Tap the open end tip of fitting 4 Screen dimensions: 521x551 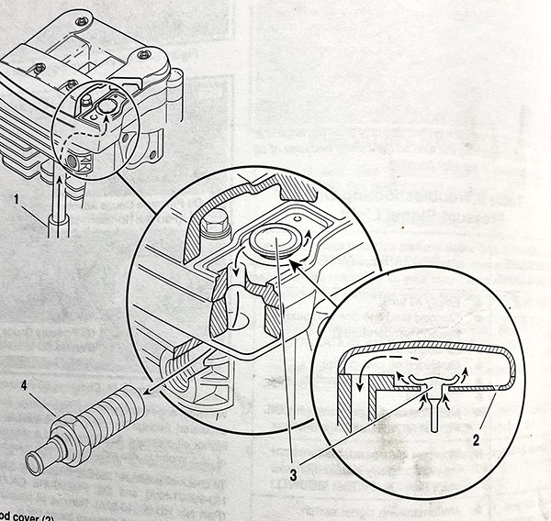(x=34, y=466)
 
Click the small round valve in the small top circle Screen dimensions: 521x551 (x=105, y=108)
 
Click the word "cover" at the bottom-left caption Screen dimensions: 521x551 (x=26, y=514)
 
